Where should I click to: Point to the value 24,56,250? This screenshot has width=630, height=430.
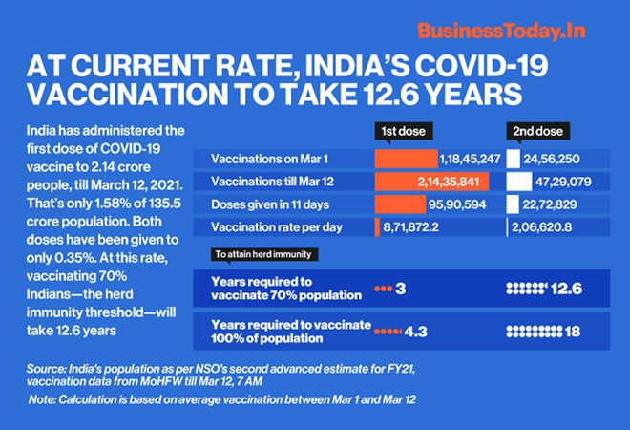point(553,159)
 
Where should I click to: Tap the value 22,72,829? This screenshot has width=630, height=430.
point(553,204)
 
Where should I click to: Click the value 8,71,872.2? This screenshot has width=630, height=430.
point(415,227)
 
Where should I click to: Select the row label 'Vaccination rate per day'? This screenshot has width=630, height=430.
point(275,227)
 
